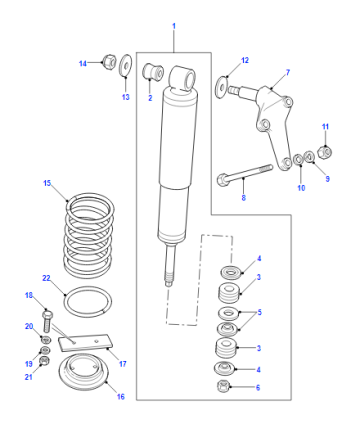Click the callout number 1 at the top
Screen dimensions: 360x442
pyautogui.click(x=174, y=26)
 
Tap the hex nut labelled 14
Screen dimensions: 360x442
pyautogui.click(x=109, y=61)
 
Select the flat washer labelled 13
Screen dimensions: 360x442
pyautogui.click(x=125, y=65)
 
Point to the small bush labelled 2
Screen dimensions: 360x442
pyautogui.click(x=153, y=72)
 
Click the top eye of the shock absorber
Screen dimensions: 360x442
pyautogui.click(x=182, y=79)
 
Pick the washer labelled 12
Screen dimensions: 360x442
pyautogui.click(x=221, y=87)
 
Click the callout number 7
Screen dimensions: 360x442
pyautogui.click(x=288, y=72)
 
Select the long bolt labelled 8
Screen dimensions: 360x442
pyautogui.click(x=245, y=175)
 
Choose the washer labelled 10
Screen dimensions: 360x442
pyautogui.click(x=298, y=160)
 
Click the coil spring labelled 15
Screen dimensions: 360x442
pyautogui.click(x=89, y=236)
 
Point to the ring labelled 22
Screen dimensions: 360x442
pyautogui.click(x=88, y=302)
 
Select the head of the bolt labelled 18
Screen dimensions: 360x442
pyautogui.click(x=47, y=314)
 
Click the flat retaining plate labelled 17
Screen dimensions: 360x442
pyautogui.click(x=85, y=343)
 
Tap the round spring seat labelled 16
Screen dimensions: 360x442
pyautogui.click(x=83, y=373)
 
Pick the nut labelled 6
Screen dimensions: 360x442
pyautogui.click(x=223, y=386)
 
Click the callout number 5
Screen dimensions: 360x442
pyautogui.click(x=259, y=312)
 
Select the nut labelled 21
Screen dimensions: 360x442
pyautogui.click(x=44, y=361)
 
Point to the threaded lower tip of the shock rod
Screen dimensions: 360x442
pyautogui.click(x=169, y=278)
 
